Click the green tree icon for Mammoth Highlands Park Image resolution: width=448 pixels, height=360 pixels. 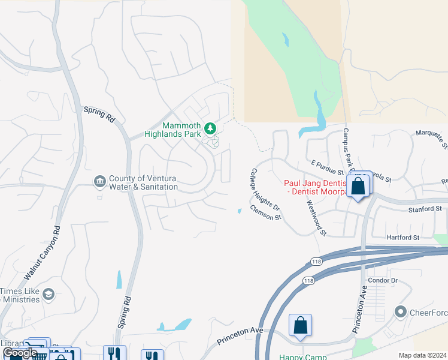pos(210,128)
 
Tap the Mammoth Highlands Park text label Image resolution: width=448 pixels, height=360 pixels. pos(174,130)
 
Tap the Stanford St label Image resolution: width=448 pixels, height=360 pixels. pos(425,209)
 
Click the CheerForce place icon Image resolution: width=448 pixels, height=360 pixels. pos(401,311)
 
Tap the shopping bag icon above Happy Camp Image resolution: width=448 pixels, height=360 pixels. pos(301,326)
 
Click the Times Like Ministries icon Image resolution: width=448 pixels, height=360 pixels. pos(48,293)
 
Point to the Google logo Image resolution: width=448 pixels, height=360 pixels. pos(20,353)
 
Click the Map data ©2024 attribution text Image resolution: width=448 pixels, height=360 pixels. pos(422,355)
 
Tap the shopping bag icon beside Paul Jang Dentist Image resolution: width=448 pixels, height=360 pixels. pos(358,185)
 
